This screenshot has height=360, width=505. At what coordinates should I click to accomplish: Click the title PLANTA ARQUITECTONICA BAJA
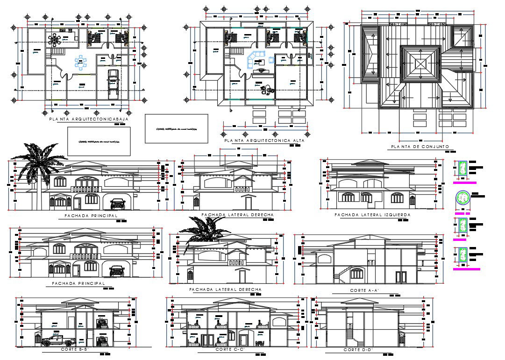(x=88, y=120)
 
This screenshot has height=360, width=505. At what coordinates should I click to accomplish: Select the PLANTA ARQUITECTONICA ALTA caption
(x=264, y=140)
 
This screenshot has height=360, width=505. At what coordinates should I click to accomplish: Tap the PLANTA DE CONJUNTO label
(x=419, y=147)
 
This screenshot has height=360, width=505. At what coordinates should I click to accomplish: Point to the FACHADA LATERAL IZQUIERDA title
(x=372, y=215)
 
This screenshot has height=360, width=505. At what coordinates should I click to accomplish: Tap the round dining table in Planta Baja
(x=56, y=40)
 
